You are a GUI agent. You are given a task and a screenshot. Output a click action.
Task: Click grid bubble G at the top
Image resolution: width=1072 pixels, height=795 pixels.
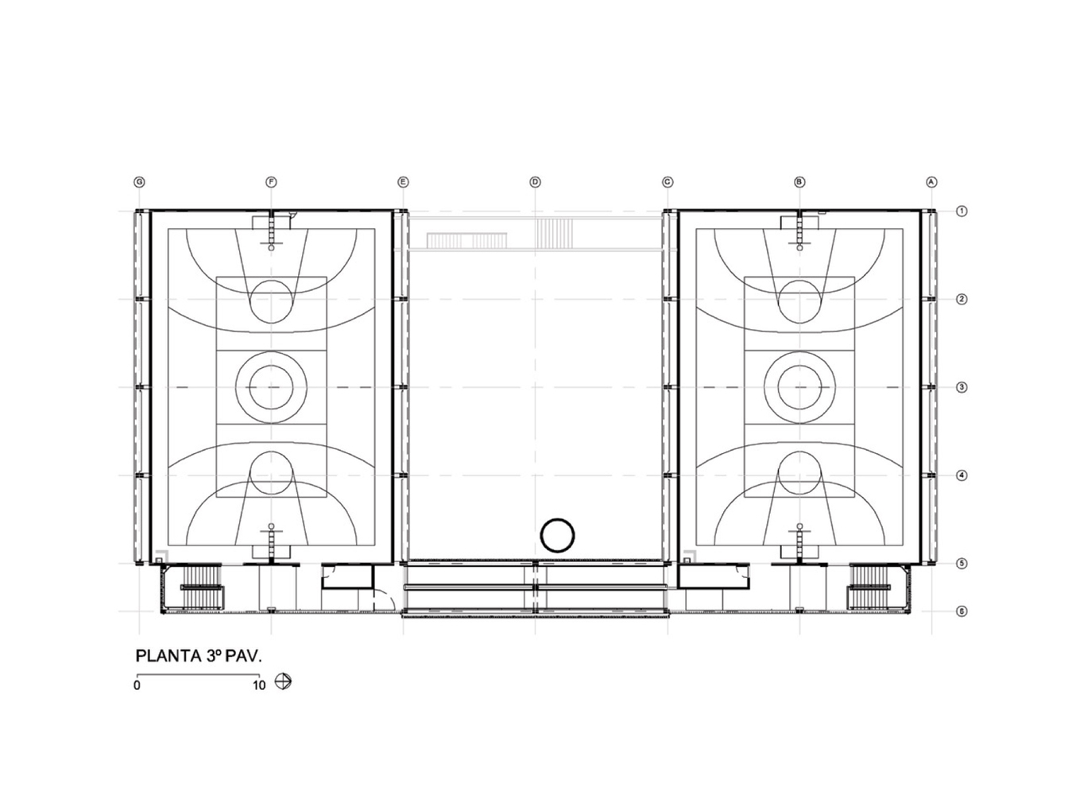point(139,182)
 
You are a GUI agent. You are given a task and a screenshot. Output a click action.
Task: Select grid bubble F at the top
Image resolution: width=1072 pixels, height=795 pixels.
point(271,182)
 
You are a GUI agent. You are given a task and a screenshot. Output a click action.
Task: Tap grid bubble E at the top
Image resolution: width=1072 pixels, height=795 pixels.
point(403,182)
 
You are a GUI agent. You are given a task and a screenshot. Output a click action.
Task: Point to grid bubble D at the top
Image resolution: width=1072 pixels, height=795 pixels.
point(535,182)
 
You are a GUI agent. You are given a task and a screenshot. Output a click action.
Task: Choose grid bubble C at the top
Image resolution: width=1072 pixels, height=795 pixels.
point(668,182)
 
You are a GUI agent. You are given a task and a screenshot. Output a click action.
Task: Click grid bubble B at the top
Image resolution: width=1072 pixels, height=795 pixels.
point(799,182)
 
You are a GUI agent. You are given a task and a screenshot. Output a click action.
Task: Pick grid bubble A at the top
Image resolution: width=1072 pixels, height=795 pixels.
point(931,182)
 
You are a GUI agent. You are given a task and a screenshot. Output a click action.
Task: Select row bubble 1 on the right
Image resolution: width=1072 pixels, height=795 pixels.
point(962,211)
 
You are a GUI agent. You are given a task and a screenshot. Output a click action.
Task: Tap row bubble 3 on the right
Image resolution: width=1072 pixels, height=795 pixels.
point(962,387)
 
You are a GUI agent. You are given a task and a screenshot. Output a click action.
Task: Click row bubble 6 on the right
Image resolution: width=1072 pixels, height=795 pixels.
point(962,611)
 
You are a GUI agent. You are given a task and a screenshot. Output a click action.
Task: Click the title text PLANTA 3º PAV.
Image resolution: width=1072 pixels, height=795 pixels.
point(199,657)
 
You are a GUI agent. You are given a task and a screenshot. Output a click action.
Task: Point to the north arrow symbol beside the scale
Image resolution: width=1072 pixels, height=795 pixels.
point(283,681)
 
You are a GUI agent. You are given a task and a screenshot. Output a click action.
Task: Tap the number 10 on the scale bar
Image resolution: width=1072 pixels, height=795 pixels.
point(259,685)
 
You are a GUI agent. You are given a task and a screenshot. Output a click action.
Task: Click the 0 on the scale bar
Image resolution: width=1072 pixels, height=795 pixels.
point(137,685)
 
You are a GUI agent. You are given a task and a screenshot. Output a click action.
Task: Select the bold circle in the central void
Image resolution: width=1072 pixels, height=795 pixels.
point(557,535)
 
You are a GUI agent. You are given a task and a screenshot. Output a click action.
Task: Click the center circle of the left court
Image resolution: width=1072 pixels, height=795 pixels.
point(271,387)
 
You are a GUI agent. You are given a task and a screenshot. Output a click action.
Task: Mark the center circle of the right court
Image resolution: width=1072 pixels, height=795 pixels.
point(799,387)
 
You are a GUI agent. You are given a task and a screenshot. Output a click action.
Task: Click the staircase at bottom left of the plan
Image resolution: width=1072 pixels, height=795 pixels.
point(202,588)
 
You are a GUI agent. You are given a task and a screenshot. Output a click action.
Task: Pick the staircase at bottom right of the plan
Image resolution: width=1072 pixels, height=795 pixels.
point(871,588)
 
